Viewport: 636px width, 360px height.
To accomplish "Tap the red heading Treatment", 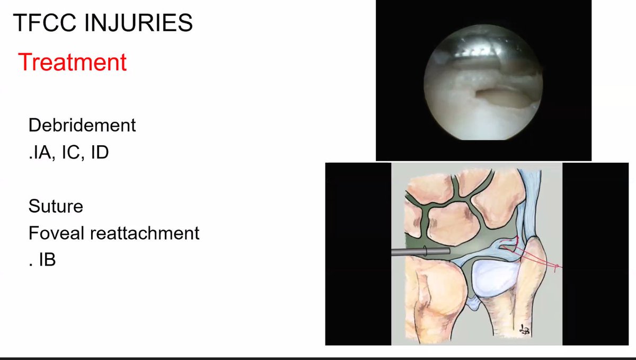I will pos(72,62).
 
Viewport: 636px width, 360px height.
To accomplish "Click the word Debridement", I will pos(82,126).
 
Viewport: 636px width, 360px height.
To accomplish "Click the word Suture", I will pos(56,206).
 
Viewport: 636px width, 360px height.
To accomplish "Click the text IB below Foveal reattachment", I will pos(47,260).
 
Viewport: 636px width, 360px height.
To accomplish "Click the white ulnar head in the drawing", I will pos(495,278).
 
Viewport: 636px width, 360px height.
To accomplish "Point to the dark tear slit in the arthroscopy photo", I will pos(498,96).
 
